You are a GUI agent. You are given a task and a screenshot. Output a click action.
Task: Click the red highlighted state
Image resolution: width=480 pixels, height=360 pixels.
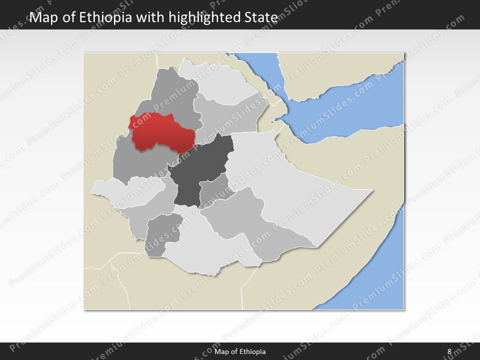pos(160,132)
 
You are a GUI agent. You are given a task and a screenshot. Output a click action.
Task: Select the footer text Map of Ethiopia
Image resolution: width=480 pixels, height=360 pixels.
pos(240,351)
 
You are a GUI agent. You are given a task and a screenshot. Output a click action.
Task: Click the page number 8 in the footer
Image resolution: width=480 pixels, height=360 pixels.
pos(449,351)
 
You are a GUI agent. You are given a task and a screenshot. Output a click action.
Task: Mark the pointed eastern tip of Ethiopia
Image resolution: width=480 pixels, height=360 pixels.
pos(372,190)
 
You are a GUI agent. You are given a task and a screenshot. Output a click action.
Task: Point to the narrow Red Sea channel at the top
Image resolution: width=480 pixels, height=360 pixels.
pos(260,70)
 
